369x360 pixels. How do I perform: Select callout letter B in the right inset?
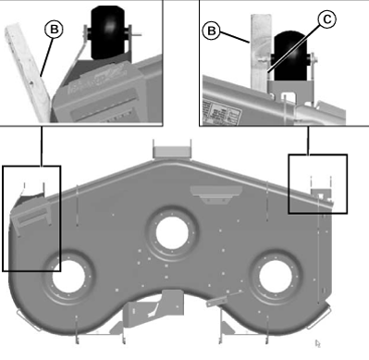[212, 31]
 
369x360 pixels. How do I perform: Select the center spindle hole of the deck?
[170, 233]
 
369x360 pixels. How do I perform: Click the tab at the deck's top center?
[169, 149]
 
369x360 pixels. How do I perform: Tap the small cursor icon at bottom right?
[320, 344]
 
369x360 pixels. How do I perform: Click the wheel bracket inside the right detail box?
[321, 194]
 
